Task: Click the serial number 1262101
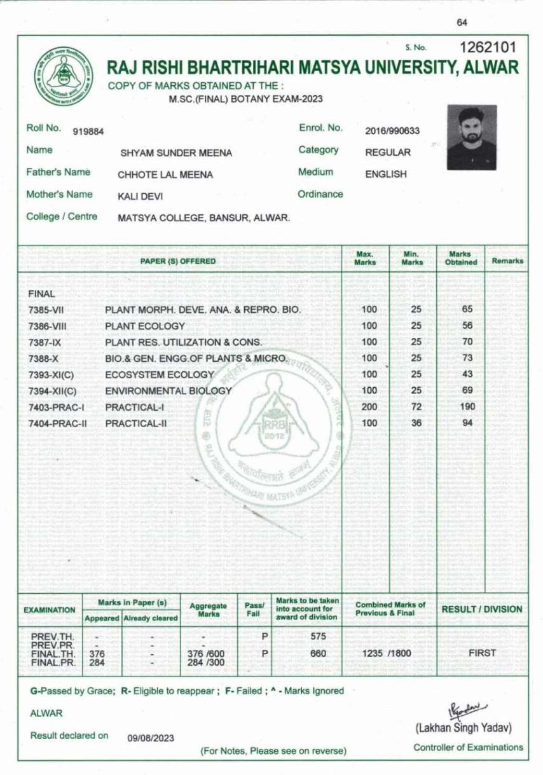488,48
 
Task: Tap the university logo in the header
63,76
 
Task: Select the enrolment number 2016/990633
392,131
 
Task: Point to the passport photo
471,137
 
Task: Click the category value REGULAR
388,153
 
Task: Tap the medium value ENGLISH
386,174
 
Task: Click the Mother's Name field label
59,195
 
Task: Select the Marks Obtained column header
461,258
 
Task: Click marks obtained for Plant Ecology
467,326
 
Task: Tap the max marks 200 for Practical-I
369,407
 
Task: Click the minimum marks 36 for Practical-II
416,423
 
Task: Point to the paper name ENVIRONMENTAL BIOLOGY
168,391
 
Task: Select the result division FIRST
482,653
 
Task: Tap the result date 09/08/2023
151,738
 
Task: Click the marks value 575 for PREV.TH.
318,636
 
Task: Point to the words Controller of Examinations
468,748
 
